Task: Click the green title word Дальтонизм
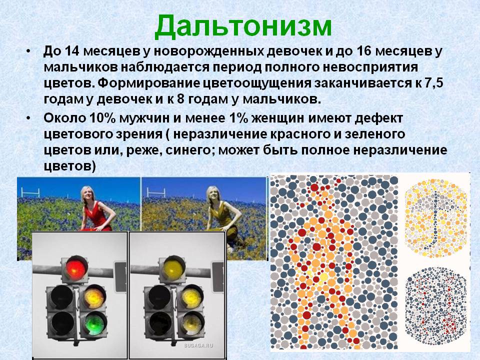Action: pyautogui.click(x=243, y=25)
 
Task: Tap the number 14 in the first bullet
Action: pyautogui.click(x=67, y=51)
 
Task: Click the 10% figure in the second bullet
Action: pyautogui.click(x=102, y=119)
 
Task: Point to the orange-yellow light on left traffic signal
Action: pyautogui.click(x=92, y=298)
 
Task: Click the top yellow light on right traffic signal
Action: pyautogui.click(x=173, y=268)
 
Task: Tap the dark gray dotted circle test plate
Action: pyautogui.click(x=435, y=305)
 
